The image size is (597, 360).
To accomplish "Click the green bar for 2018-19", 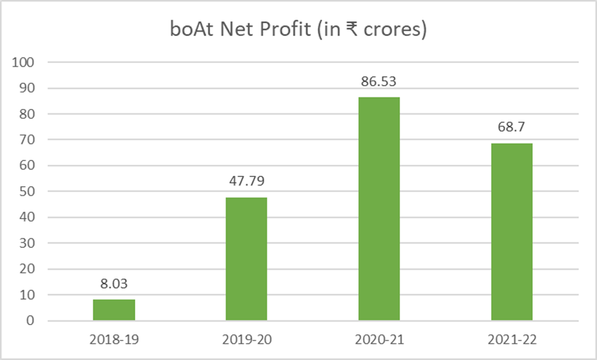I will [x=114, y=310].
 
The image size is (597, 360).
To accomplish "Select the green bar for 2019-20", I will [x=246, y=258].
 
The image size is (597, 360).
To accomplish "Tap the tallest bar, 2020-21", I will [x=379, y=208].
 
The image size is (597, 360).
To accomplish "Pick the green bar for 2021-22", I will [x=512, y=231].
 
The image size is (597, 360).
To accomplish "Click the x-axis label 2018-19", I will [x=114, y=337].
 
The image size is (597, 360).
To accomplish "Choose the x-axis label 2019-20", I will [x=246, y=337].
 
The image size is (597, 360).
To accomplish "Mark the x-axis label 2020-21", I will [x=379, y=337].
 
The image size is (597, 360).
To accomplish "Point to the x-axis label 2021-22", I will [x=512, y=337].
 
